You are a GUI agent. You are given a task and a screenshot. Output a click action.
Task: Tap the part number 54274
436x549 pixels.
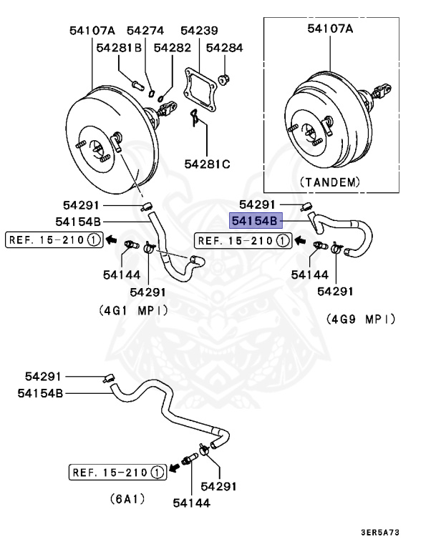pos(145,31)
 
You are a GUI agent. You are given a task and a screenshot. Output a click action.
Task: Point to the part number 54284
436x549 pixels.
pos(225,48)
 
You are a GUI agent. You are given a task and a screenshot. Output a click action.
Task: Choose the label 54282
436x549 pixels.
pos(172,48)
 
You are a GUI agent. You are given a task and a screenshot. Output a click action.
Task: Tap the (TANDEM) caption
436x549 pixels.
pos(330,182)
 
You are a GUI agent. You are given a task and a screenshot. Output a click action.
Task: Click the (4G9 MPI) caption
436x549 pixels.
pos(361,318)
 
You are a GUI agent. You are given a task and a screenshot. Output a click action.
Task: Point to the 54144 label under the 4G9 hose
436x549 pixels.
pos(310,274)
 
